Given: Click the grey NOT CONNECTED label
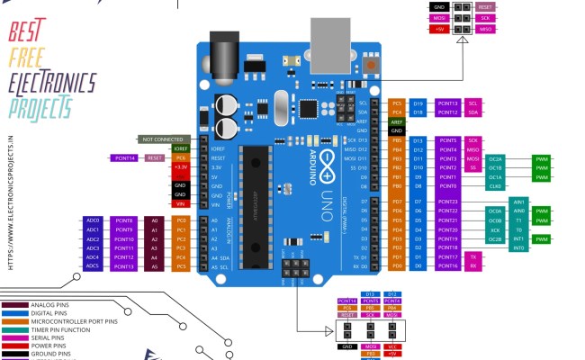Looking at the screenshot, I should [162, 139].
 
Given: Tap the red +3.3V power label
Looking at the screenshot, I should [181, 166].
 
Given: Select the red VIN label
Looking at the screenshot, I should [181, 204].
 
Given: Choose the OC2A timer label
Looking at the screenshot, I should [496, 158].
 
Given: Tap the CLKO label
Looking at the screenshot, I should [496, 186].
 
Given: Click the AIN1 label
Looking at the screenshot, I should [519, 202].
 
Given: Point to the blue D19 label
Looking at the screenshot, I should [418, 103].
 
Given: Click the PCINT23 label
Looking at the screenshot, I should [447, 202].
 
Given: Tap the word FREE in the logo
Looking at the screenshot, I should [27, 58].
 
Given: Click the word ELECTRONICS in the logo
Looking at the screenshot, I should [52, 84].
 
